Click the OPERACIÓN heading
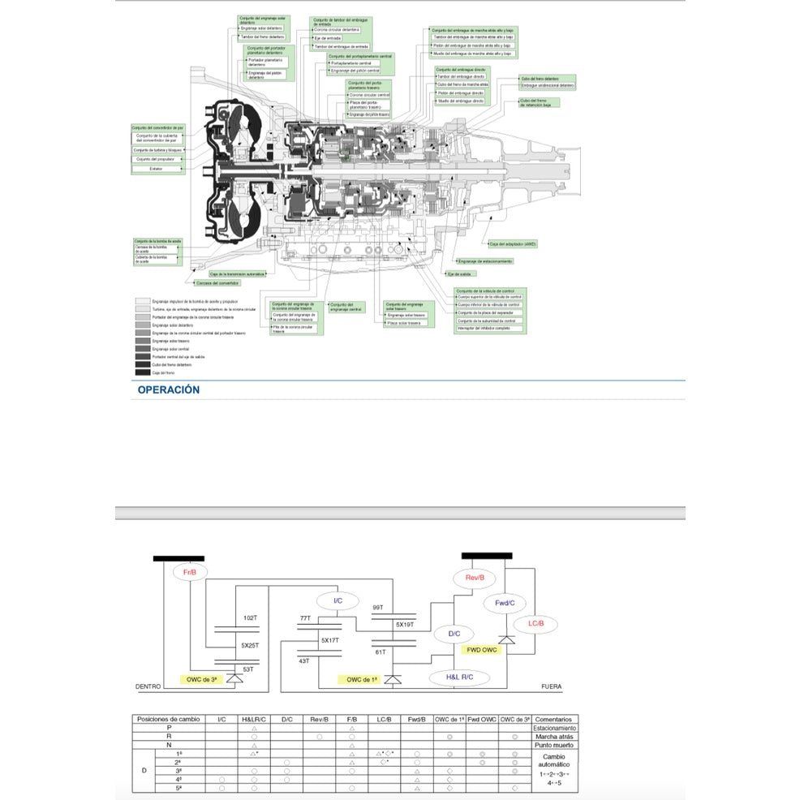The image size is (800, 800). [168, 389]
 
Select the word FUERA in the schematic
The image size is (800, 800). [551, 686]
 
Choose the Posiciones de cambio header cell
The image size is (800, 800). [168, 719]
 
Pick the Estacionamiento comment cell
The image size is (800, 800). [553, 728]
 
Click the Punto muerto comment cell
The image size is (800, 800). [553, 746]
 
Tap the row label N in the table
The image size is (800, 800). [168, 746]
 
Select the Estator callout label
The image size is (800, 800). [157, 169]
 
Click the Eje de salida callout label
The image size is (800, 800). [460, 274]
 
